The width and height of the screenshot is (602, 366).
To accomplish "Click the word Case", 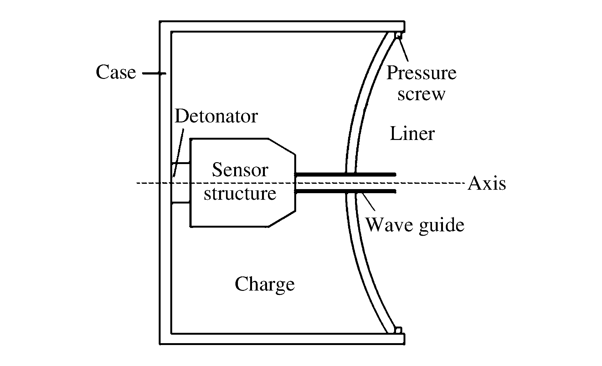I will point(116,73).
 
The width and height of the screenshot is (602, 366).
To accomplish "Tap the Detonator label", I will point(216,116).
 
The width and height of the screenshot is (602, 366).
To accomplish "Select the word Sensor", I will point(240,170).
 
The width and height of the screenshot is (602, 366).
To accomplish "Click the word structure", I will point(240,194).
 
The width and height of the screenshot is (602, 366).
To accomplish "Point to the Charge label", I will point(265,284).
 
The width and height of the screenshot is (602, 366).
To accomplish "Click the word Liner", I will point(412,134).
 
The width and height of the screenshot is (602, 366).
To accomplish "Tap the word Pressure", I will point(421,73).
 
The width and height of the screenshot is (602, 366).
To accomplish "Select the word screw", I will point(421,94).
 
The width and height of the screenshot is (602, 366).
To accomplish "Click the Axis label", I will point(486,183).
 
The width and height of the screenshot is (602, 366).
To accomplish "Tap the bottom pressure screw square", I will point(398,330).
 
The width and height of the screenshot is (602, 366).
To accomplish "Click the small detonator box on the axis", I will point(181,183).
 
